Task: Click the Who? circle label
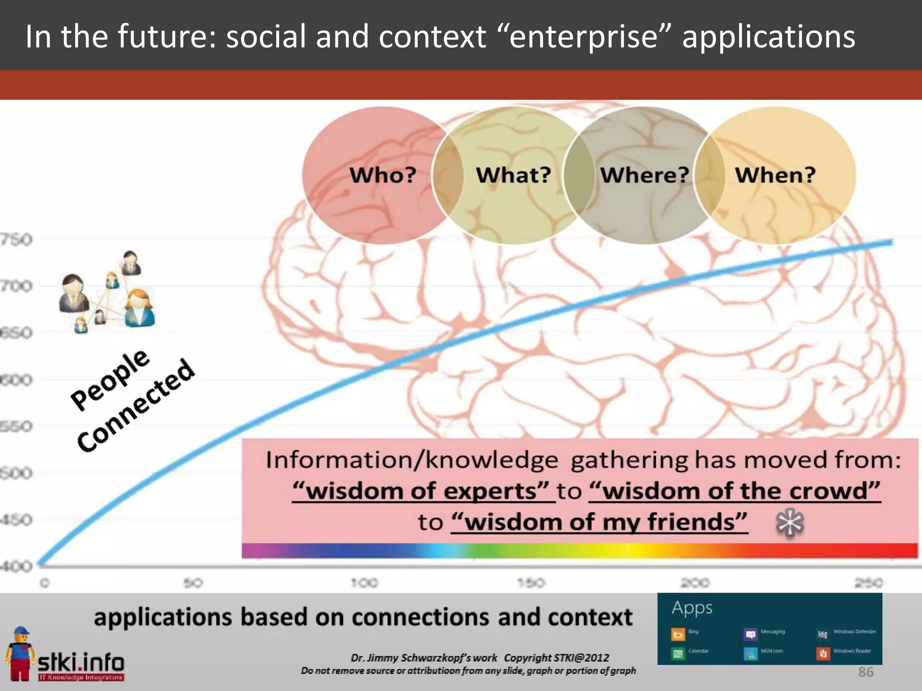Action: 383,175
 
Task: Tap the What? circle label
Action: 513,175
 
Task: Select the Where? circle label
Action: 644,175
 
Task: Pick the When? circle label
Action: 775,175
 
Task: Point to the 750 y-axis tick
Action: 16,239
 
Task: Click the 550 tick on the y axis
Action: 16,426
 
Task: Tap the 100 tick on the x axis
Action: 364,583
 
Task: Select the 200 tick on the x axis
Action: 695,583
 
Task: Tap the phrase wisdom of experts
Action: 421,490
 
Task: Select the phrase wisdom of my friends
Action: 599,522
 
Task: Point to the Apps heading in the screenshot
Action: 692,608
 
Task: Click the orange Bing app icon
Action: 678,634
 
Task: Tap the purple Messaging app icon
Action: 750,634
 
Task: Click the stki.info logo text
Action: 81,662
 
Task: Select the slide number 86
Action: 865,672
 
